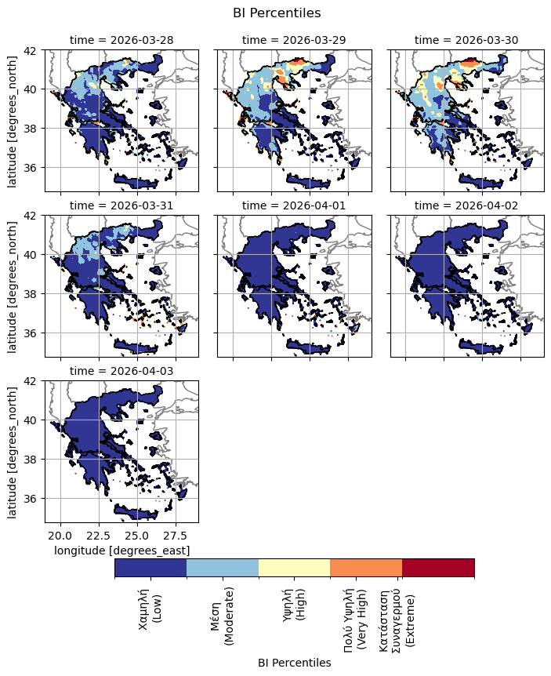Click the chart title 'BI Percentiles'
(277, 13)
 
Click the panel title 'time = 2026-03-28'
(121, 40)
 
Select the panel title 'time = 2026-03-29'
(294, 40)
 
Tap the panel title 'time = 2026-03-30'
(466, 40)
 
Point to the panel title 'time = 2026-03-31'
(121, 205)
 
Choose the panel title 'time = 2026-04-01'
(294, 205)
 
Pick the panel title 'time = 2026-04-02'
(466, 205)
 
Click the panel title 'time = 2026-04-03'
(121, 371)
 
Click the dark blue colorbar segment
(150, 568)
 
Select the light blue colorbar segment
(223, 568)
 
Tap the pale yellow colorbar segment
(294, 568)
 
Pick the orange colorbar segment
(366, 568)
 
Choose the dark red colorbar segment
(438, 568)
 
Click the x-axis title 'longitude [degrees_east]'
(121, 551)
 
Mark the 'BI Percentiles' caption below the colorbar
(294, 663)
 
